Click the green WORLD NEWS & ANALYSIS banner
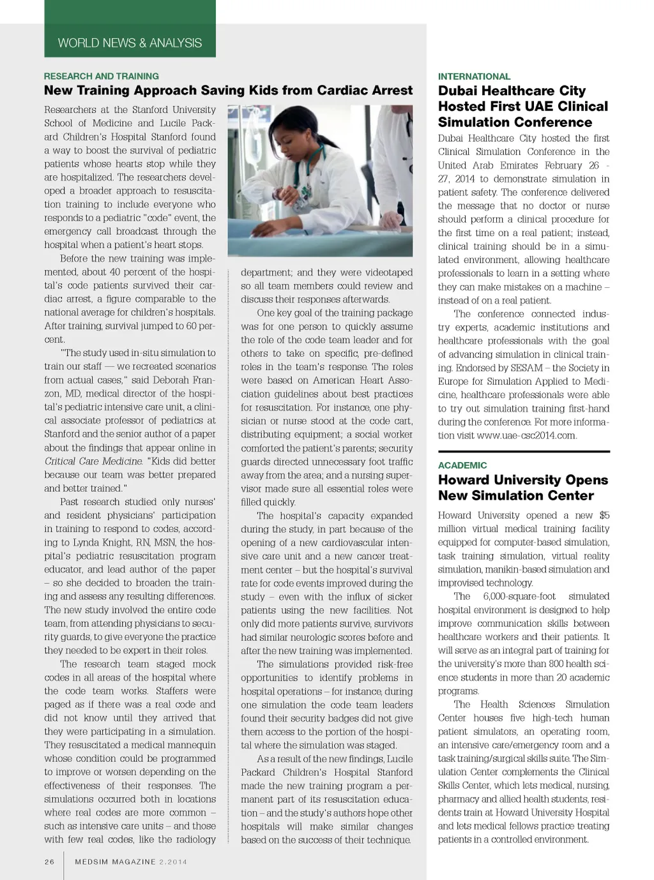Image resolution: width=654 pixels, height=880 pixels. coord(130,43)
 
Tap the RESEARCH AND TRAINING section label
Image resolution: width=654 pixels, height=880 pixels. coord(101,76)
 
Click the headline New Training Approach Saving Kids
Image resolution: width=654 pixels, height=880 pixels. coord(228,91)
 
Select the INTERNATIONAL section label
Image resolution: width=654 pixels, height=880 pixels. coord(474,77)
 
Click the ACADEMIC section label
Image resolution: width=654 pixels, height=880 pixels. coord(462,465)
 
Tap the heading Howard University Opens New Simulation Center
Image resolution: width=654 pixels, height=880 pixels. coord(522,488)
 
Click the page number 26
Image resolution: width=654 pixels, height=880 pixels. coord(50,861)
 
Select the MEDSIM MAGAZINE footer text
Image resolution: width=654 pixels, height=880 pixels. coord(115,861)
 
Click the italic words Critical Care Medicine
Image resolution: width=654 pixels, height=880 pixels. coord(93,461)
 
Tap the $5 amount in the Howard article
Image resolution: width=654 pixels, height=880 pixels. coord(604,516)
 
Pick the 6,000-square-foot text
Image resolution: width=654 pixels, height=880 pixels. coord(519,596)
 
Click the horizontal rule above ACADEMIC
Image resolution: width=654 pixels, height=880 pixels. coord(524,452)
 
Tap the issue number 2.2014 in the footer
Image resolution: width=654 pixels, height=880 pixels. coord(173,861)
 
